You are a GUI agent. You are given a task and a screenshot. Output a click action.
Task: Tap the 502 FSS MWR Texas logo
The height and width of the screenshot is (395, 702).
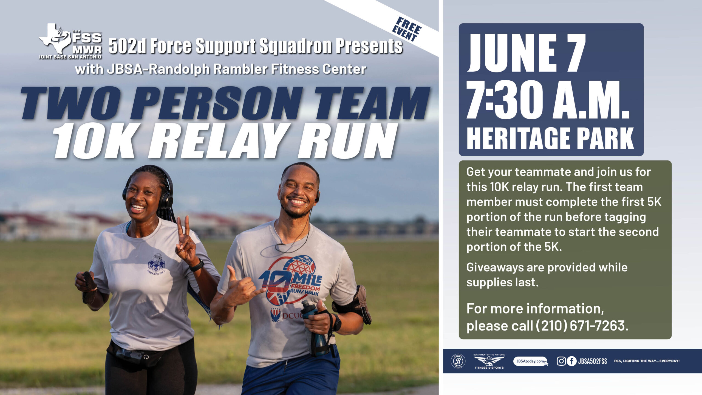point(70,41)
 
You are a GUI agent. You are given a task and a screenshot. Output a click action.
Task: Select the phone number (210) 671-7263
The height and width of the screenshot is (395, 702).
point(581,326)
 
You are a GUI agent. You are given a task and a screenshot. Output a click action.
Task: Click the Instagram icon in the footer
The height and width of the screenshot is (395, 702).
point(561,361)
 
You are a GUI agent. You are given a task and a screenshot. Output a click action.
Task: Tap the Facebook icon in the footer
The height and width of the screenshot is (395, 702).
point(571,361)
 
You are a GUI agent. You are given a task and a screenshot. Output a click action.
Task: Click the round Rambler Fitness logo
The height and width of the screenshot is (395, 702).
point(458,361)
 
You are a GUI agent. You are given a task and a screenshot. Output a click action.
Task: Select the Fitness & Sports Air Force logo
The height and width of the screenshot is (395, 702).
point(489,361)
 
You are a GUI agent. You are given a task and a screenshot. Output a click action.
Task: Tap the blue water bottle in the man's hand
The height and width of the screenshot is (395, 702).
point(315,328)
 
